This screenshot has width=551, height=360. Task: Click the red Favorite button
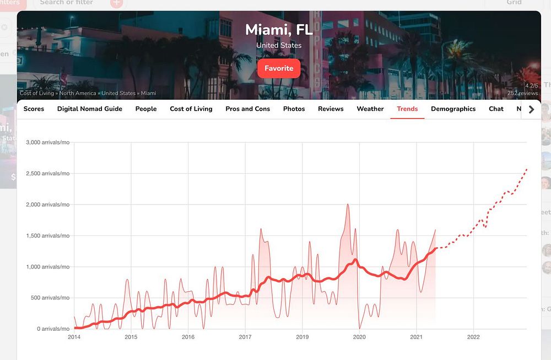coord(279,68)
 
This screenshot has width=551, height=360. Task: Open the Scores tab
coord(34,109)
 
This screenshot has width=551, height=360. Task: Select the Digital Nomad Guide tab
coord(90,109)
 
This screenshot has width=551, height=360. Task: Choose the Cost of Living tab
coord(191,109)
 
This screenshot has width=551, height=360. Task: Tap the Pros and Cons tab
coord(248,109)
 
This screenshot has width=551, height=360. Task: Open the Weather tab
coord(370,109)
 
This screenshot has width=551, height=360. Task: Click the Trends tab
coord(407,109)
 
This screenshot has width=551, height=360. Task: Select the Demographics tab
coord(453,109)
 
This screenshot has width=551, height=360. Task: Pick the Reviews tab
coord(331,109)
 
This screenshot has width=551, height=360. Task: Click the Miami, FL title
coord(279,29)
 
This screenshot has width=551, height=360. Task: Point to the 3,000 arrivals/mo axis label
coord(48,142)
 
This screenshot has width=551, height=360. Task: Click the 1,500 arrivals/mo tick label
coord(48,235)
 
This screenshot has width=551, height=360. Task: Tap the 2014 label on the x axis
coord(74,337)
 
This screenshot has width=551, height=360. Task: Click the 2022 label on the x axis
coord(473,337)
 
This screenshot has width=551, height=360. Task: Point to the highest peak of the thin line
coord(348,205)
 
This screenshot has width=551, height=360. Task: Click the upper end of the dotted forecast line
coord(527,169)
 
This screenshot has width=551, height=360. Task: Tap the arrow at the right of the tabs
coord(531,109)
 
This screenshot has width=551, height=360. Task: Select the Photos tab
coord(294,109)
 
